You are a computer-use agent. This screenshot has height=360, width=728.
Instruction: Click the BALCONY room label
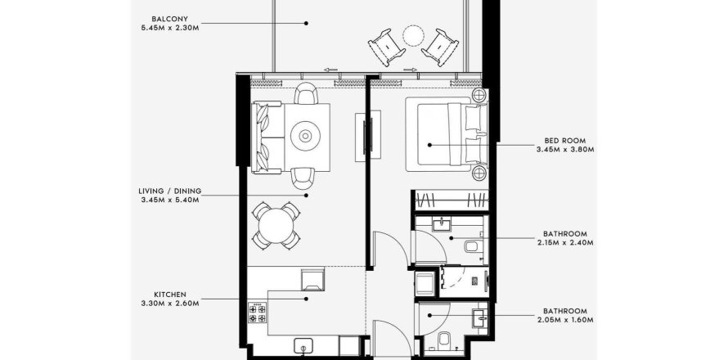coord(170,19)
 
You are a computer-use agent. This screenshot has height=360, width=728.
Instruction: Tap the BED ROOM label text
coord(565,140)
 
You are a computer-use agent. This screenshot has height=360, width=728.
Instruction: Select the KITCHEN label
coord(170,295)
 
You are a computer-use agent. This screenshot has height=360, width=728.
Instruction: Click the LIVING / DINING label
coord(170,191)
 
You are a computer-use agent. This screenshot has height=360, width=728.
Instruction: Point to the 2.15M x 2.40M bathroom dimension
coord(565,242)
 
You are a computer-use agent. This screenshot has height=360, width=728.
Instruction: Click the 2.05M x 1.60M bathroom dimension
coord(565,320)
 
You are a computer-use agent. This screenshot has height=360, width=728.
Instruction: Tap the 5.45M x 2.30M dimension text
coord(170,28)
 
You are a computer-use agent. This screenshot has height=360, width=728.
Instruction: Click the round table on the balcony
coord(413,36)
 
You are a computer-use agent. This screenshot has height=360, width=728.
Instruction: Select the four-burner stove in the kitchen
coord(257,313)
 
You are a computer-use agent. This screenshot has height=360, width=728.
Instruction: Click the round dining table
coord(276,226)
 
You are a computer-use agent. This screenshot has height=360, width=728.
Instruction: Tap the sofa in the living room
coord(267,137)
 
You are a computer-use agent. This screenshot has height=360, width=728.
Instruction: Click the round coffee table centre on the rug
coord(305,136)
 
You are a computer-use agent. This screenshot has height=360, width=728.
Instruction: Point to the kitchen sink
coord(303,347)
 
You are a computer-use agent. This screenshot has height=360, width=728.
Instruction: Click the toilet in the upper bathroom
coord(473,245)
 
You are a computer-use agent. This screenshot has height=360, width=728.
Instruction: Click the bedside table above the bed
coord(479,96)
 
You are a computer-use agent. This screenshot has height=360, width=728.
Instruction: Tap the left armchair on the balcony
coord(387,47)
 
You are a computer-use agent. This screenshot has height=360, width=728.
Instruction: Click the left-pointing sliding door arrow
coord(331,70)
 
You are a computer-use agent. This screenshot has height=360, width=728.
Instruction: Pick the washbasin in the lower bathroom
coord(479,318)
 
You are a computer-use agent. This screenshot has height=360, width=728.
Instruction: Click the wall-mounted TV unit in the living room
coord(368,136)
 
